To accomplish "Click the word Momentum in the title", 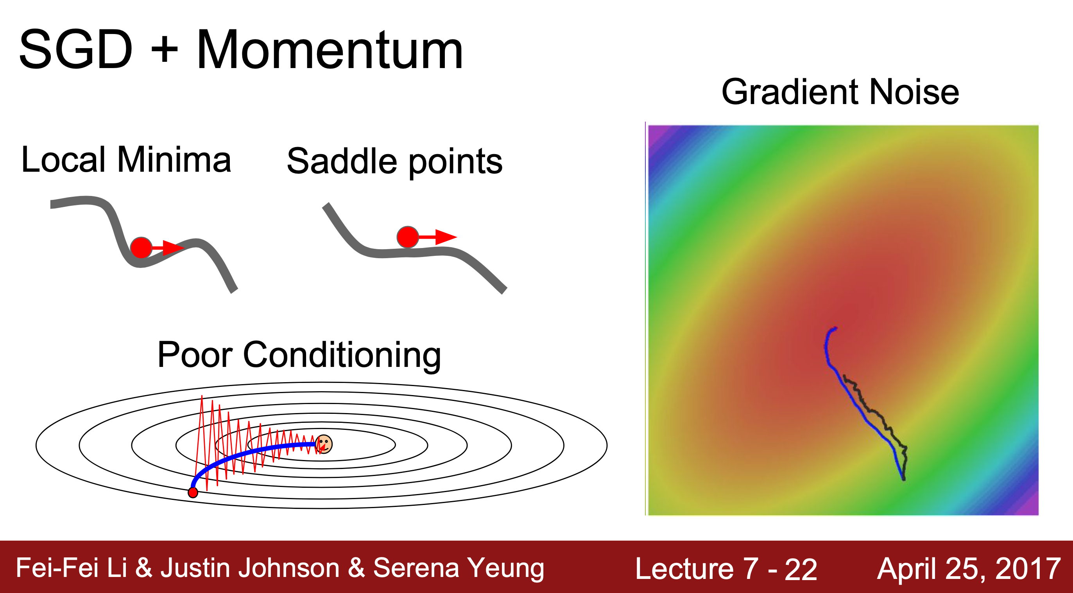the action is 330,50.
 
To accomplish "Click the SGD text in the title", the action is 76,49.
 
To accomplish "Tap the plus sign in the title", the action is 165,50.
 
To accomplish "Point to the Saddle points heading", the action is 395,162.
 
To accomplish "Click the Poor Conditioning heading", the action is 299,355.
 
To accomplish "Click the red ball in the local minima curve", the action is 141,248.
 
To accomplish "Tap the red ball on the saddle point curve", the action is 408,237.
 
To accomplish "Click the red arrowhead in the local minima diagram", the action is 172,248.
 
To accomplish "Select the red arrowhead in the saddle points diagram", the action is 446,237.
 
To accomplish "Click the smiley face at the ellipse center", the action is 324,444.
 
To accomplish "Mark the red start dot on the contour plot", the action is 193,492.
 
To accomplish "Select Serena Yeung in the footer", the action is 459,568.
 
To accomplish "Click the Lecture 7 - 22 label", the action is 726,568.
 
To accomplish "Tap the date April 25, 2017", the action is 969,569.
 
